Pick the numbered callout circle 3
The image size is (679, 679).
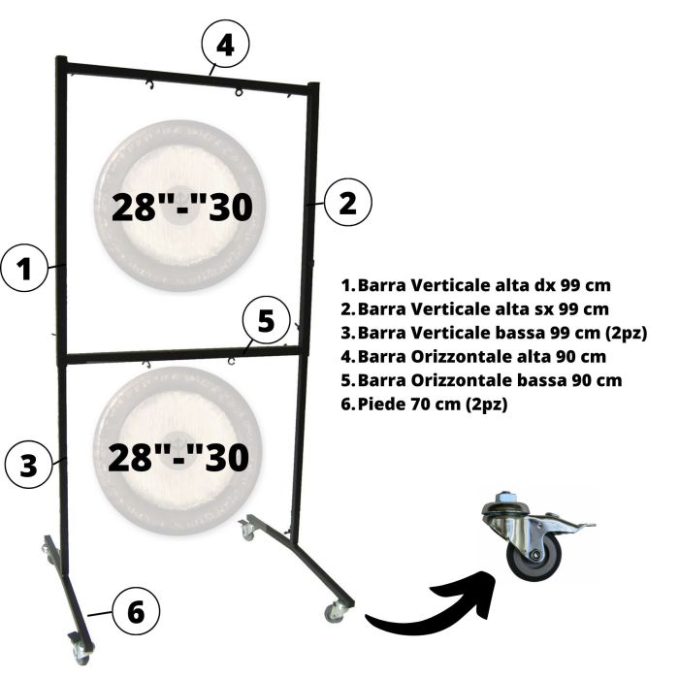pos(30,463)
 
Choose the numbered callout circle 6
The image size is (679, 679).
pos(136,612)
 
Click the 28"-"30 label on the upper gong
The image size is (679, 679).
pos(187,207)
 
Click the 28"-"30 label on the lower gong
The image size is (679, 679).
pos(179,456)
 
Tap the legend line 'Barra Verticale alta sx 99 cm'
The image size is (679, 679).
pos(475,309)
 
